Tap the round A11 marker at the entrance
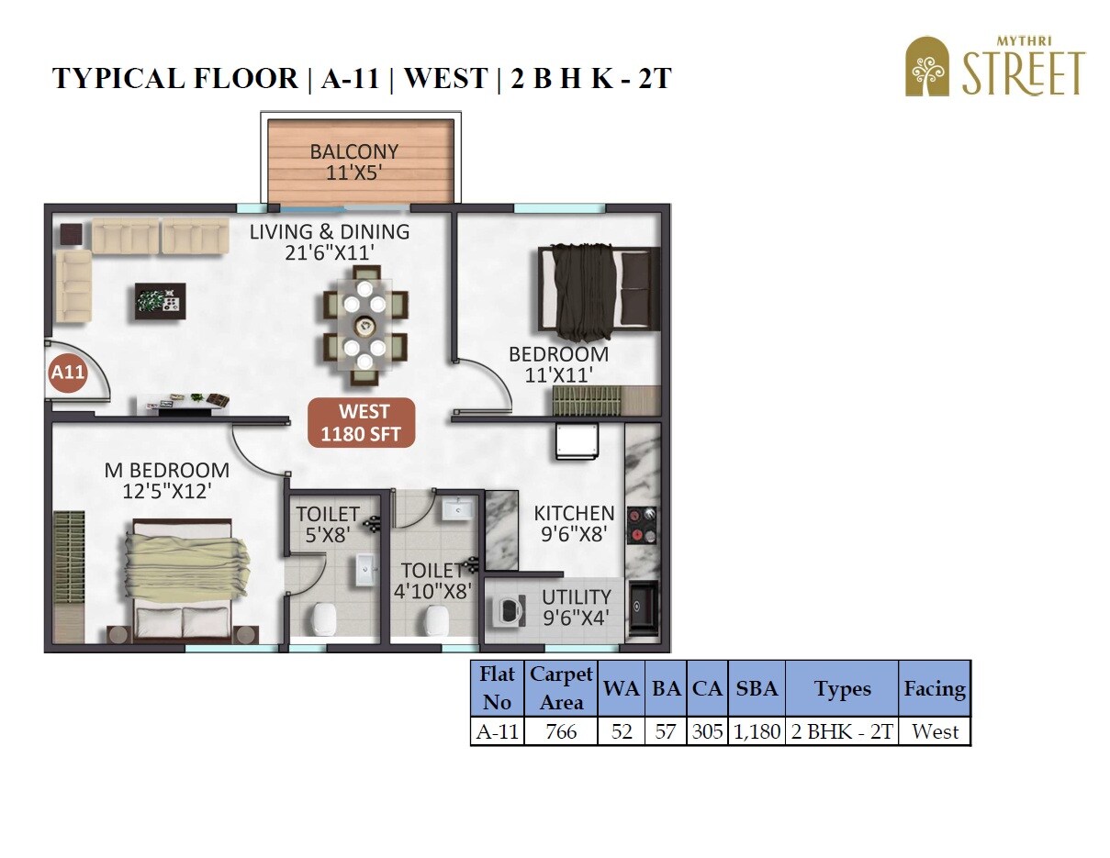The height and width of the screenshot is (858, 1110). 67,373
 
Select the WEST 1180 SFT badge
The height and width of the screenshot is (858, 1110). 361,423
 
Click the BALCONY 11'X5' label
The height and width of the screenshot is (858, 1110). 353,162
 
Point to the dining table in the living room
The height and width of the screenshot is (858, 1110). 364,327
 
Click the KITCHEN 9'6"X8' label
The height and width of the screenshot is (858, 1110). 574,523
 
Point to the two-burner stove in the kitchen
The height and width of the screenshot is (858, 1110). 642,525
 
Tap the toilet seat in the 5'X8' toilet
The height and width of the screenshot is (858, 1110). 323,619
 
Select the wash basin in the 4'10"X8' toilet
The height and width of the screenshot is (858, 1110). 456,508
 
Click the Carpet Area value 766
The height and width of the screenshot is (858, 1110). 561,731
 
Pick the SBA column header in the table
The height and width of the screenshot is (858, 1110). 756,689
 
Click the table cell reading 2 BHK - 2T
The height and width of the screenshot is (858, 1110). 841,731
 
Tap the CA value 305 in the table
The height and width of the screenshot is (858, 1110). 707,731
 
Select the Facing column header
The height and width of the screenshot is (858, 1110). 934,689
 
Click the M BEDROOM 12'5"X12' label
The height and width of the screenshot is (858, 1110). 167,481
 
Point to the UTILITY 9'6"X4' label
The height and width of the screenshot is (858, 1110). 576,607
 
